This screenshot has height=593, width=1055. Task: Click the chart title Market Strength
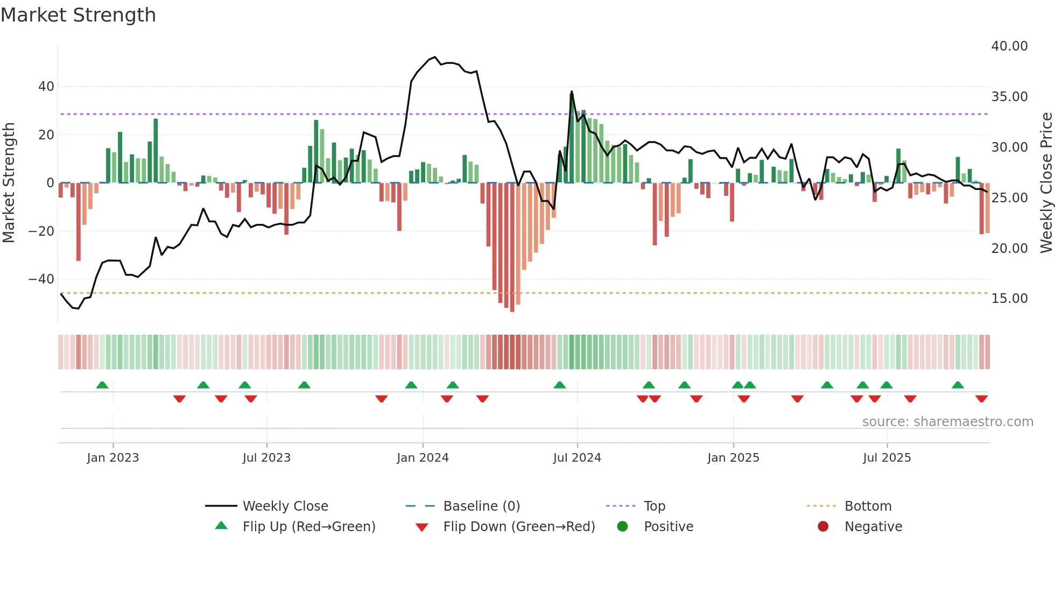coord(78,15)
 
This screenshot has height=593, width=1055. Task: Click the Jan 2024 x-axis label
coord(423,458)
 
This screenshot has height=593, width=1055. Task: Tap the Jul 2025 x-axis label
coord(887,458)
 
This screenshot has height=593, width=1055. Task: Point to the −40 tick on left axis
coord(41,279)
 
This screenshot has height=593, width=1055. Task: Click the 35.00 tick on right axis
coord(1009,97)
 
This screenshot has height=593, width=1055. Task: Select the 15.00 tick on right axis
coord(1009,299)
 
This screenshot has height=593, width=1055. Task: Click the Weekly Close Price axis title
coord(1046,183)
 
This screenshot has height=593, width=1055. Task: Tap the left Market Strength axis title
coord(9,183)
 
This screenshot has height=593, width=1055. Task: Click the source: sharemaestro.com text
coord(947,422)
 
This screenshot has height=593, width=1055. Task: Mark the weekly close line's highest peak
coord(435,57)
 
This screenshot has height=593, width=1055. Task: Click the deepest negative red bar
coord(512,248)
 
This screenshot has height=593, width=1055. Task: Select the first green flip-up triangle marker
coord(102,385)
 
